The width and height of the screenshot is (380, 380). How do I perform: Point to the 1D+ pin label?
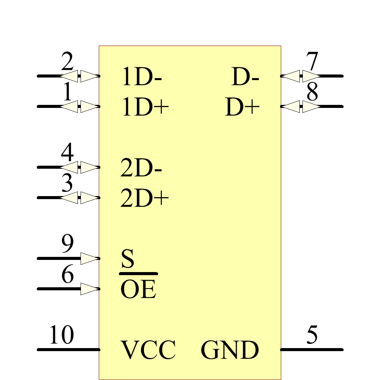point(145,107)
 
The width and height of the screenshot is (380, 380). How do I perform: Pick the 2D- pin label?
point(141,168)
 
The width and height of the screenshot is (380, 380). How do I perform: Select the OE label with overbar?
point(138,290)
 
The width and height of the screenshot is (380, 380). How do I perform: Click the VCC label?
point(148,350)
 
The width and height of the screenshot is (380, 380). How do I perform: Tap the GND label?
point(230,350)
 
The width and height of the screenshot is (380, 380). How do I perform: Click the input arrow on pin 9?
point(90,258)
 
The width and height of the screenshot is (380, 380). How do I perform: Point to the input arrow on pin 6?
point(90,289)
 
